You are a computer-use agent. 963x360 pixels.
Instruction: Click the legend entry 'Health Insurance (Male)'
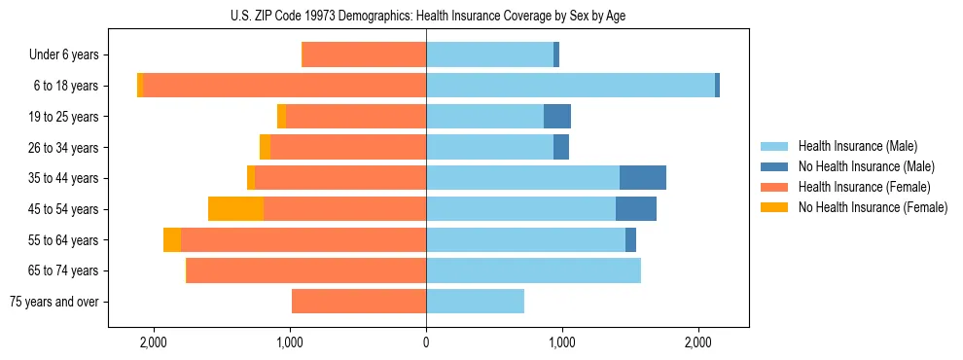(857, 146)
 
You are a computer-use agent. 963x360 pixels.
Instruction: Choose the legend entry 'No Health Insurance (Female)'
(873, 207)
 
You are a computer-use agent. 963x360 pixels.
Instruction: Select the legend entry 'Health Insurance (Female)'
(864, 187)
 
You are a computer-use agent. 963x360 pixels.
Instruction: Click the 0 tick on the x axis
(426, 343)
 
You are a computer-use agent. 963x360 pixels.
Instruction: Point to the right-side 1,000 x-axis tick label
(561, 343)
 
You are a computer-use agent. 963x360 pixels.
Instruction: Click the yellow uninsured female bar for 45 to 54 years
(235, 209)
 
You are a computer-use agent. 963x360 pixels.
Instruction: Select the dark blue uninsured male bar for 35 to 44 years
(642, 178)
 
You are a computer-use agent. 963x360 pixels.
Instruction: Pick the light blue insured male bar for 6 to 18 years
(570, 86)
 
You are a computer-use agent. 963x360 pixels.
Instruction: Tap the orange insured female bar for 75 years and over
(359, 302)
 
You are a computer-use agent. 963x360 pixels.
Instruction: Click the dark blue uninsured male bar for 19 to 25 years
(556, 117)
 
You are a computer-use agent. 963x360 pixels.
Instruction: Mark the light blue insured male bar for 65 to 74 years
(533, 270)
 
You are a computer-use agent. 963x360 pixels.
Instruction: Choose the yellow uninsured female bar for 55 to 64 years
(172, 240)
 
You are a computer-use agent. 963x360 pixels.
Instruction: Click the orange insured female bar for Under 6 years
(364, 54)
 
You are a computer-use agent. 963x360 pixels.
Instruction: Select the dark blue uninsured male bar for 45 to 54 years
(635, 209)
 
